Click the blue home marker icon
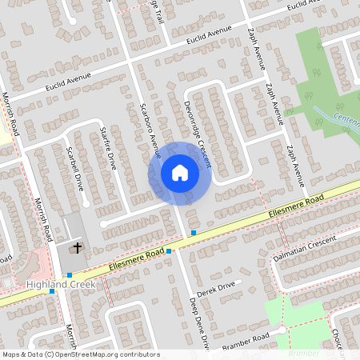point(179,173)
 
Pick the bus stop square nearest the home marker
point(193,232)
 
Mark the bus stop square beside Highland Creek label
point(53,291)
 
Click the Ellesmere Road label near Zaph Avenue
point(296,206)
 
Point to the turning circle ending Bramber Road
point(282,329)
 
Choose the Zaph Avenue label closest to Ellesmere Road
point(292,163)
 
